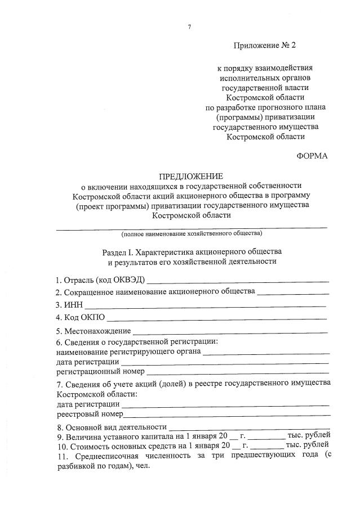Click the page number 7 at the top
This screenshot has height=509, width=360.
coord(189,26)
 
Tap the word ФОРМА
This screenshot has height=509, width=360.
coord(312,156)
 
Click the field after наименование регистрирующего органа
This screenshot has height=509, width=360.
coord(266,352)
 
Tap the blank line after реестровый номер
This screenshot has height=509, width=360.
coord(226,415)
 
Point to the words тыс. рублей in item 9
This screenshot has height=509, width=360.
coord(308,436)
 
